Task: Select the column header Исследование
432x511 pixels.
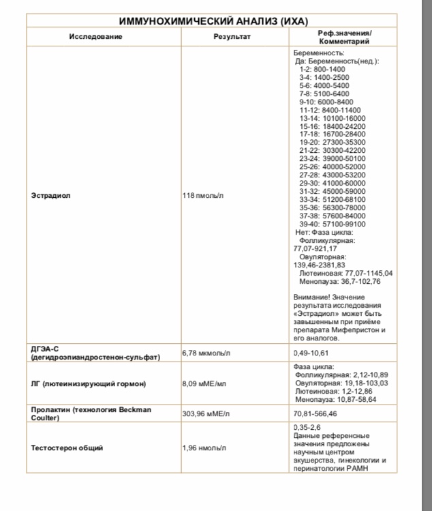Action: point(95,36)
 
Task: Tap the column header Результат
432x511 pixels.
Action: point(232,36)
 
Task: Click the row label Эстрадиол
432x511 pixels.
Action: point(51,196)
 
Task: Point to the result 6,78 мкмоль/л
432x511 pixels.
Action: point(206,353)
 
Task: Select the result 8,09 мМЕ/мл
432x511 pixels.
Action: point(205,383)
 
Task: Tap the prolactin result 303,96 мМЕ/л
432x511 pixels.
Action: point(209,413)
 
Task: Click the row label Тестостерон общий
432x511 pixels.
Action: point(67,448)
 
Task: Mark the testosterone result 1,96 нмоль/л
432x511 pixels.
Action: point(206,448)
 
